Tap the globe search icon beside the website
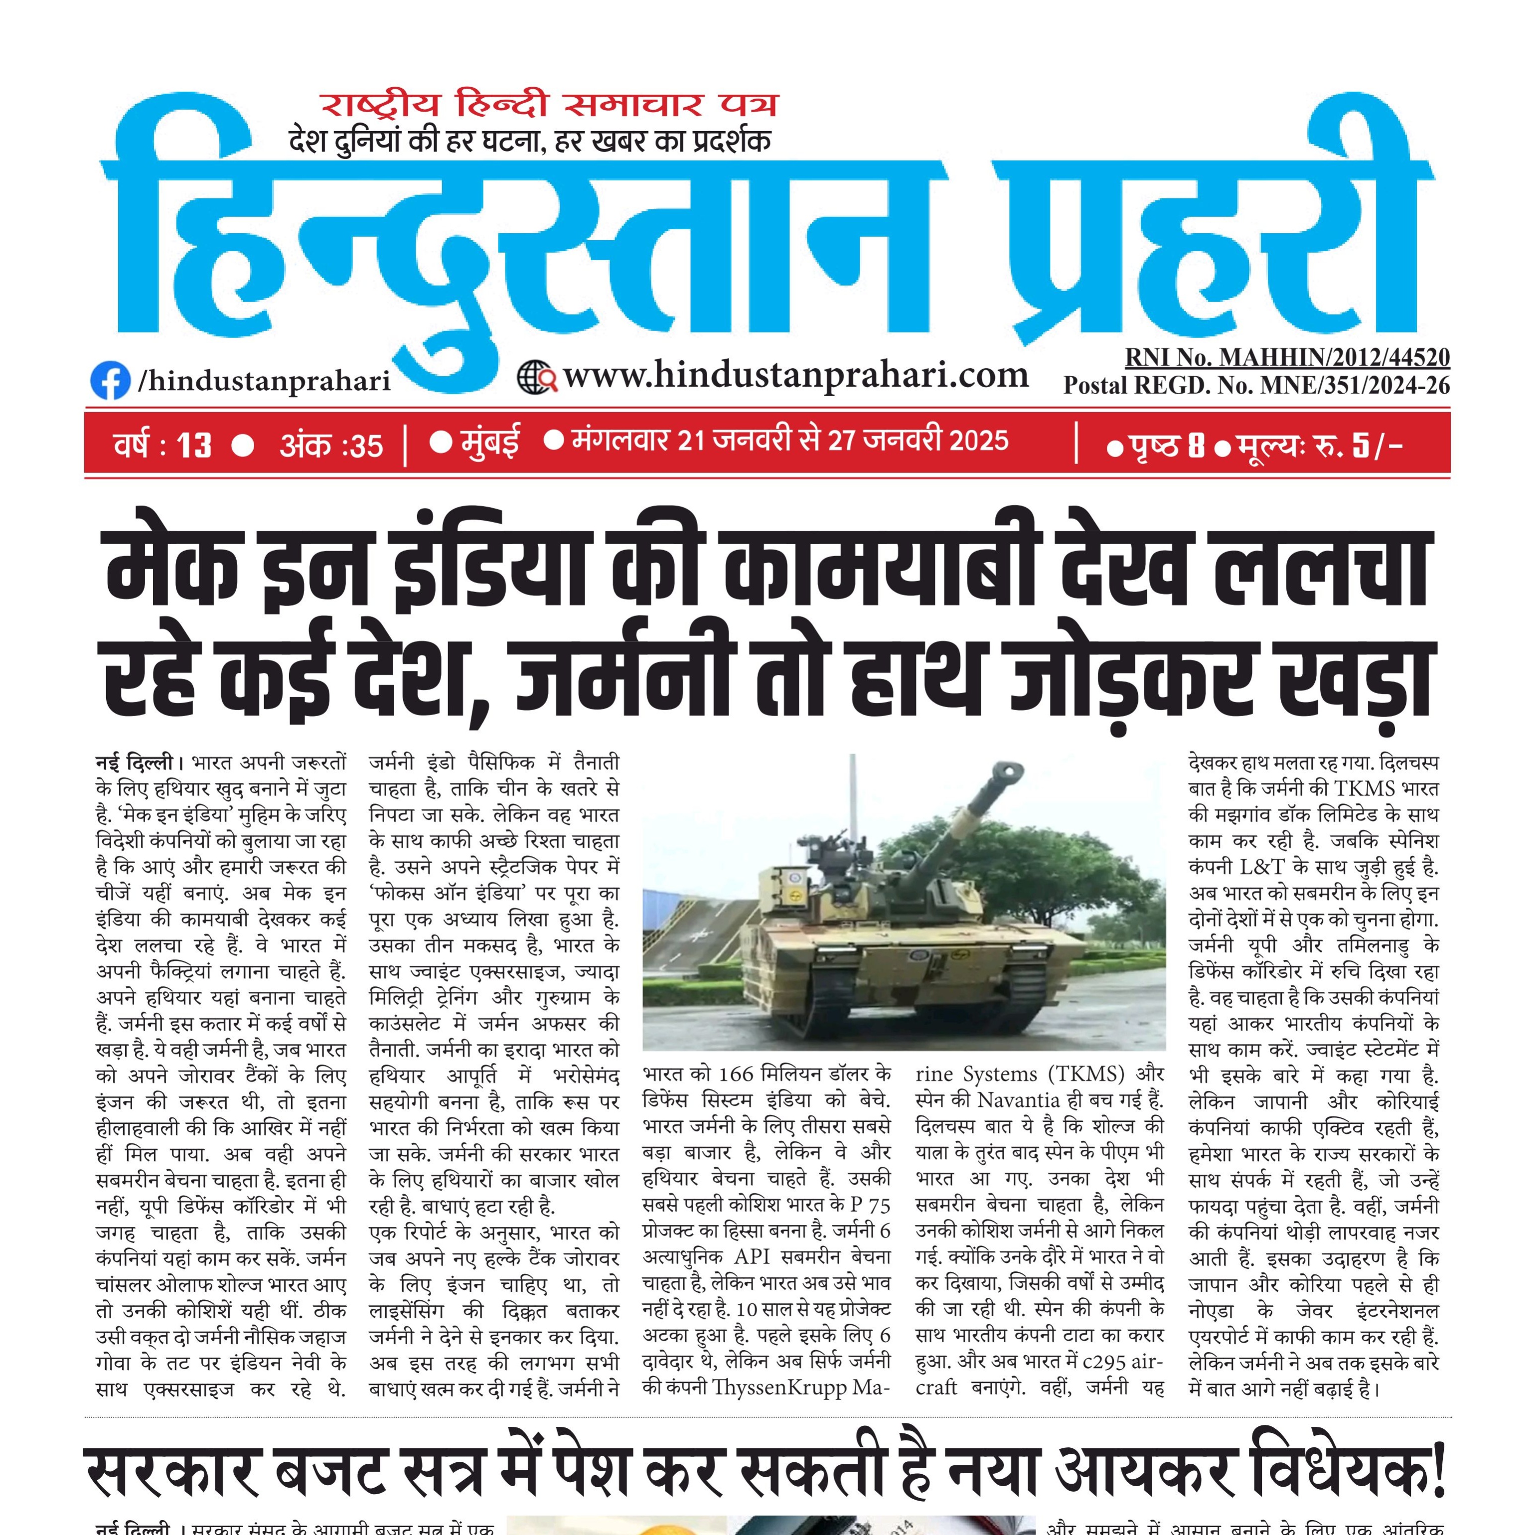536,377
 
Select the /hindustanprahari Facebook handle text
265,381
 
